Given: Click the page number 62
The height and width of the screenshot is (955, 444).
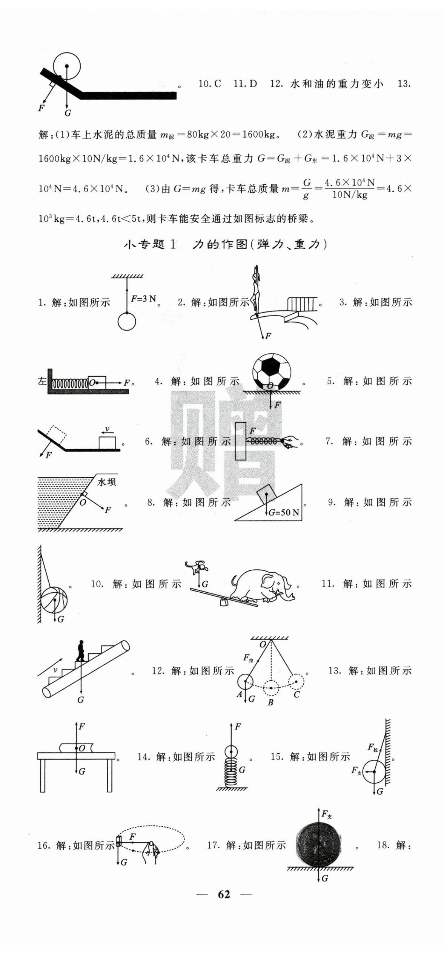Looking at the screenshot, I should [x=224, y=894].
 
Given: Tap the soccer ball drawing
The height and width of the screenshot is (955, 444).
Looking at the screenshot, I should [x=272, y=371].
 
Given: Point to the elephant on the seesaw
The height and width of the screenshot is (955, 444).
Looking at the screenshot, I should [x=262, y=586].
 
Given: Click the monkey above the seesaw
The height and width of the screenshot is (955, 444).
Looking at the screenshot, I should [x=197, y=566].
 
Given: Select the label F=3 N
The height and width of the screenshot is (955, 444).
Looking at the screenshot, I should [x=143, y=299].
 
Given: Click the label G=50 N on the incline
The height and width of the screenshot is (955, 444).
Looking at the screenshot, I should [x=284, y=512].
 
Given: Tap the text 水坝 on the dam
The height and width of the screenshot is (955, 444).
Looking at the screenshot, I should [x=107, y=482].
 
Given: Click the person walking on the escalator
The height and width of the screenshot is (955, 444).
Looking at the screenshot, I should [x=80, y=650].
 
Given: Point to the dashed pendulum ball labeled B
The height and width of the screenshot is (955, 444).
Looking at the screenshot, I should [x=271, y=687].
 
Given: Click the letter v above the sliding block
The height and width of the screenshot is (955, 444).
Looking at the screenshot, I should [x=107, y=429].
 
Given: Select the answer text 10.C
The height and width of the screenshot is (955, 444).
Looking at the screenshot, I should [x=210, y=84].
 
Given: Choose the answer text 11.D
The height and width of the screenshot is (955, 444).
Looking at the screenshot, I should [x=245, y=84].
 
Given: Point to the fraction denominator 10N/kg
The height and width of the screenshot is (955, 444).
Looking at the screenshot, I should [x=349, y=195].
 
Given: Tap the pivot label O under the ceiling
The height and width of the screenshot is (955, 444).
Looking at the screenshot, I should [x=263, y=644].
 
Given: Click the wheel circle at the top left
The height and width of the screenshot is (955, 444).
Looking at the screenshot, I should [x=67, y=66].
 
